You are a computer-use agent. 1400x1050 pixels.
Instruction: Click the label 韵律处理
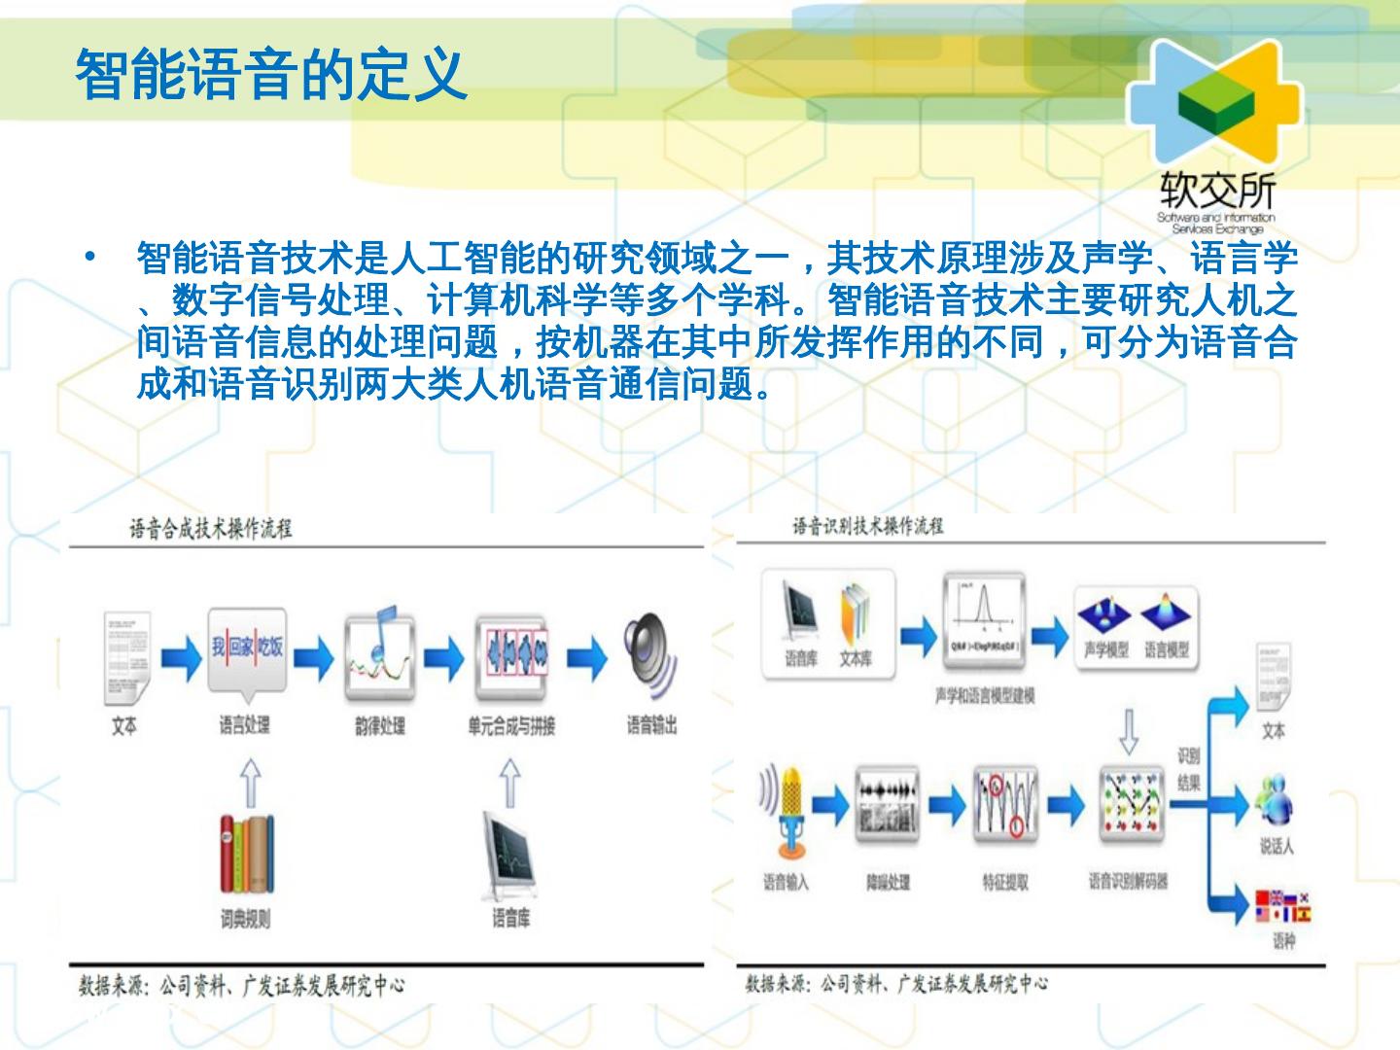tap(379, 726)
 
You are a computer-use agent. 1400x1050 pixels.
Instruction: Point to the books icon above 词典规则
tap(245, 853)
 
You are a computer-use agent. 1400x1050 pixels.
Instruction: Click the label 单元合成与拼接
tap(510, 726)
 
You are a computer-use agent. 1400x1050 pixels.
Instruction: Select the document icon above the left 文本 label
tap(126, 657)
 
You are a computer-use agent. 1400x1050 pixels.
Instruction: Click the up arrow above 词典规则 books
tap(251, 784)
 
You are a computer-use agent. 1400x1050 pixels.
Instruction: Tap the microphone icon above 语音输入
tap(787, 809)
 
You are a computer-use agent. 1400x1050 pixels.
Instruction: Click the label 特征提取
tap(1004, 882)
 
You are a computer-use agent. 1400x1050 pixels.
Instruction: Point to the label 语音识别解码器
tap(1128, 881)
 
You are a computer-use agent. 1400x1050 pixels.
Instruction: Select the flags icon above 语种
tap(1282, 905)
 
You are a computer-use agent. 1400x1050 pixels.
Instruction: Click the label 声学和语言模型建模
tap(984, 695)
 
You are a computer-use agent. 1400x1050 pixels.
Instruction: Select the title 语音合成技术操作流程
tap(211, 529)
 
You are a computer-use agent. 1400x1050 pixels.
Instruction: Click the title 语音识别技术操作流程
tap(867, 526)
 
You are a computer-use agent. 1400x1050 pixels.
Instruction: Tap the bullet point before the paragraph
tap(89, 258)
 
